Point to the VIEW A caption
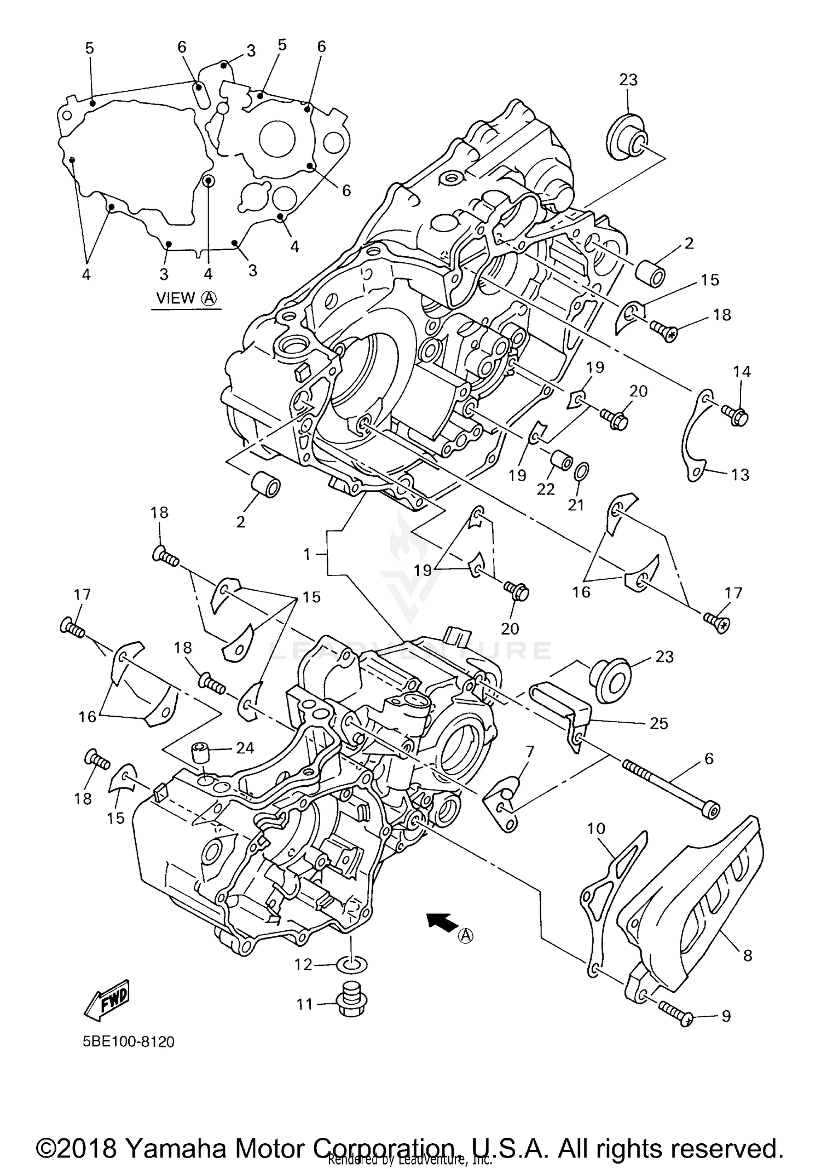coord(186,298)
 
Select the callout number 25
coord(659,723)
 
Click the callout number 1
coord(307,555)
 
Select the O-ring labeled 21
coord(582,470)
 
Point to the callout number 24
coord(245,747)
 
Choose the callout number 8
coord(747,955)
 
